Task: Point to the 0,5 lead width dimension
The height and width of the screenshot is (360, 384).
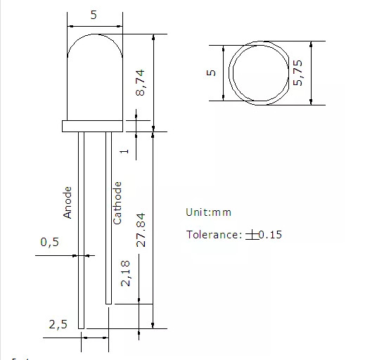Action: (x=49, y=243)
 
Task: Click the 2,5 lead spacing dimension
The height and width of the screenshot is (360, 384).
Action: (x=58, y=324)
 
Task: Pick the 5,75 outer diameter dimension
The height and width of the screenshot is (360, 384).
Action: (x=297, y=72)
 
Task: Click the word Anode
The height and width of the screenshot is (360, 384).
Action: (x=68, y=202)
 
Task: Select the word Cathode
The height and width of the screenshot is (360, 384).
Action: (x=117, y=202)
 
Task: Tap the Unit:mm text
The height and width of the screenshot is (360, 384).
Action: (x=208, y=212)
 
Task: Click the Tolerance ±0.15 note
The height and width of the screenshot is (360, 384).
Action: (x=233, y=234)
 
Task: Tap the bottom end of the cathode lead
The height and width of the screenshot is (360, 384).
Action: (x=108, y=302)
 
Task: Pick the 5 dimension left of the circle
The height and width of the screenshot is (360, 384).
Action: (x=210, y=73)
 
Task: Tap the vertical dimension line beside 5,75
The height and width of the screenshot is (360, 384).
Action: (x=310, y=72)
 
